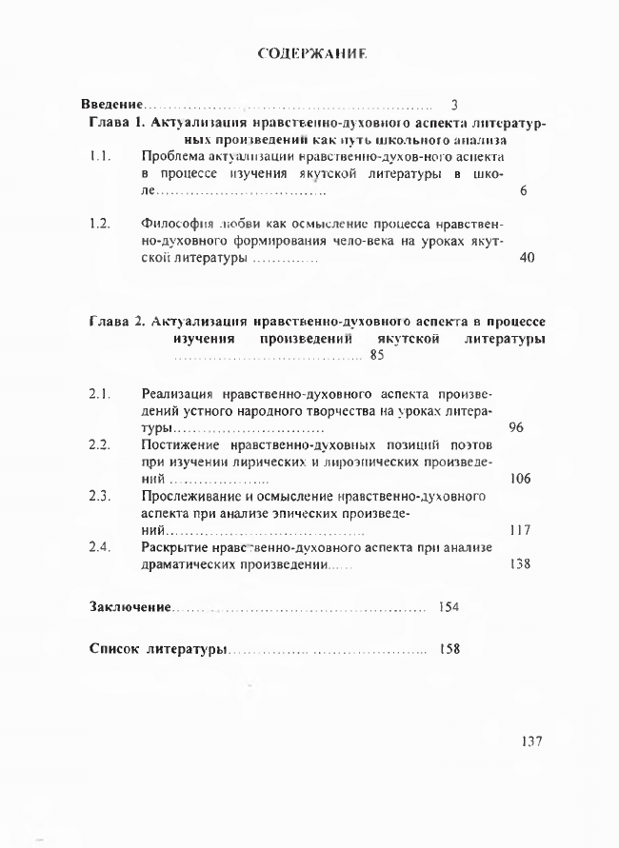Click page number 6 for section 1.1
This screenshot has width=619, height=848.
coord(525,191)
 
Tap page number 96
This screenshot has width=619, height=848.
coord(517,427)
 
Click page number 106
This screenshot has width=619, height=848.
coord(520,479)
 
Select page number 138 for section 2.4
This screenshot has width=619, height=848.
coord(520,564)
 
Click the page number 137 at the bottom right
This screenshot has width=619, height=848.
coord(532,741)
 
